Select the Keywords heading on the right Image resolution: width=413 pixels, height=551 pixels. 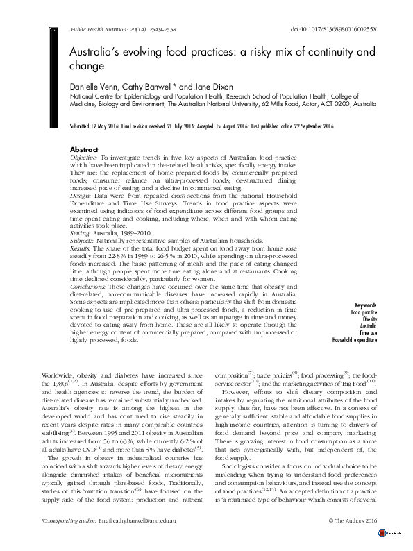pos(364,306)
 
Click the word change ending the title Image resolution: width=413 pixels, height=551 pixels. pos(86,67)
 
